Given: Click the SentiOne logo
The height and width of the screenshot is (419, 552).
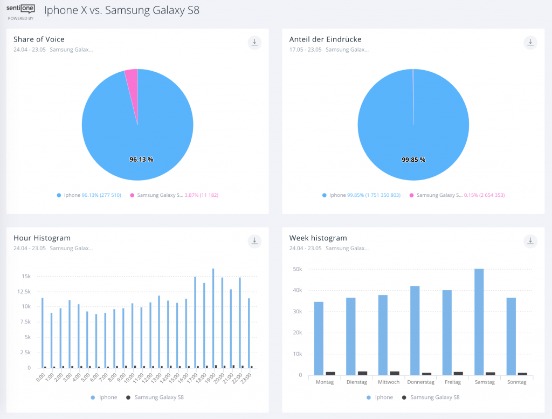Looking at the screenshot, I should click(x=21, y=10).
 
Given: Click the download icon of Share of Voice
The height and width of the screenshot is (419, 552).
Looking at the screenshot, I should click(x=254, y=43).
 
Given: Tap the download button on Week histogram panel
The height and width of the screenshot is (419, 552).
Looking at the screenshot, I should click(x=530, y=242).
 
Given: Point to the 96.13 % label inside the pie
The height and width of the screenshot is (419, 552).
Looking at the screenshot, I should click(x=141, y=160).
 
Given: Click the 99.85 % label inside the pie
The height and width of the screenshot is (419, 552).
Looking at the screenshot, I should click(x=413, y=160).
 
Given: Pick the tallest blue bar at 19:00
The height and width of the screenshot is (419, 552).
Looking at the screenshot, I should click(x=213, y=318).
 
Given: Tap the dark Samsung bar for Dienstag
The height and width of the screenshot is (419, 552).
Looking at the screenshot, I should click(x=362, y=373).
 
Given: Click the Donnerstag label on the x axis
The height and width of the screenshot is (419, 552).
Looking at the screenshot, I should click(x=421, y=382).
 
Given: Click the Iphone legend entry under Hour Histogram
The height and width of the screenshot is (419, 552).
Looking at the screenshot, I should click(x=108, y=397).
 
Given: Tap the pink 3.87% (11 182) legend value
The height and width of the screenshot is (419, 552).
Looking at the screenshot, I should click(x=201, y=195).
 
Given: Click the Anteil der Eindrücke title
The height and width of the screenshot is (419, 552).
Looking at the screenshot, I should click(x=325, y=39).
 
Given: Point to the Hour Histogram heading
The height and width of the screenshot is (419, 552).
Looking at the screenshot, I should click(x=42, y=238).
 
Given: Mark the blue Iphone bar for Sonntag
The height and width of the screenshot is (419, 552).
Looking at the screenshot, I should click(x=511, y=336).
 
